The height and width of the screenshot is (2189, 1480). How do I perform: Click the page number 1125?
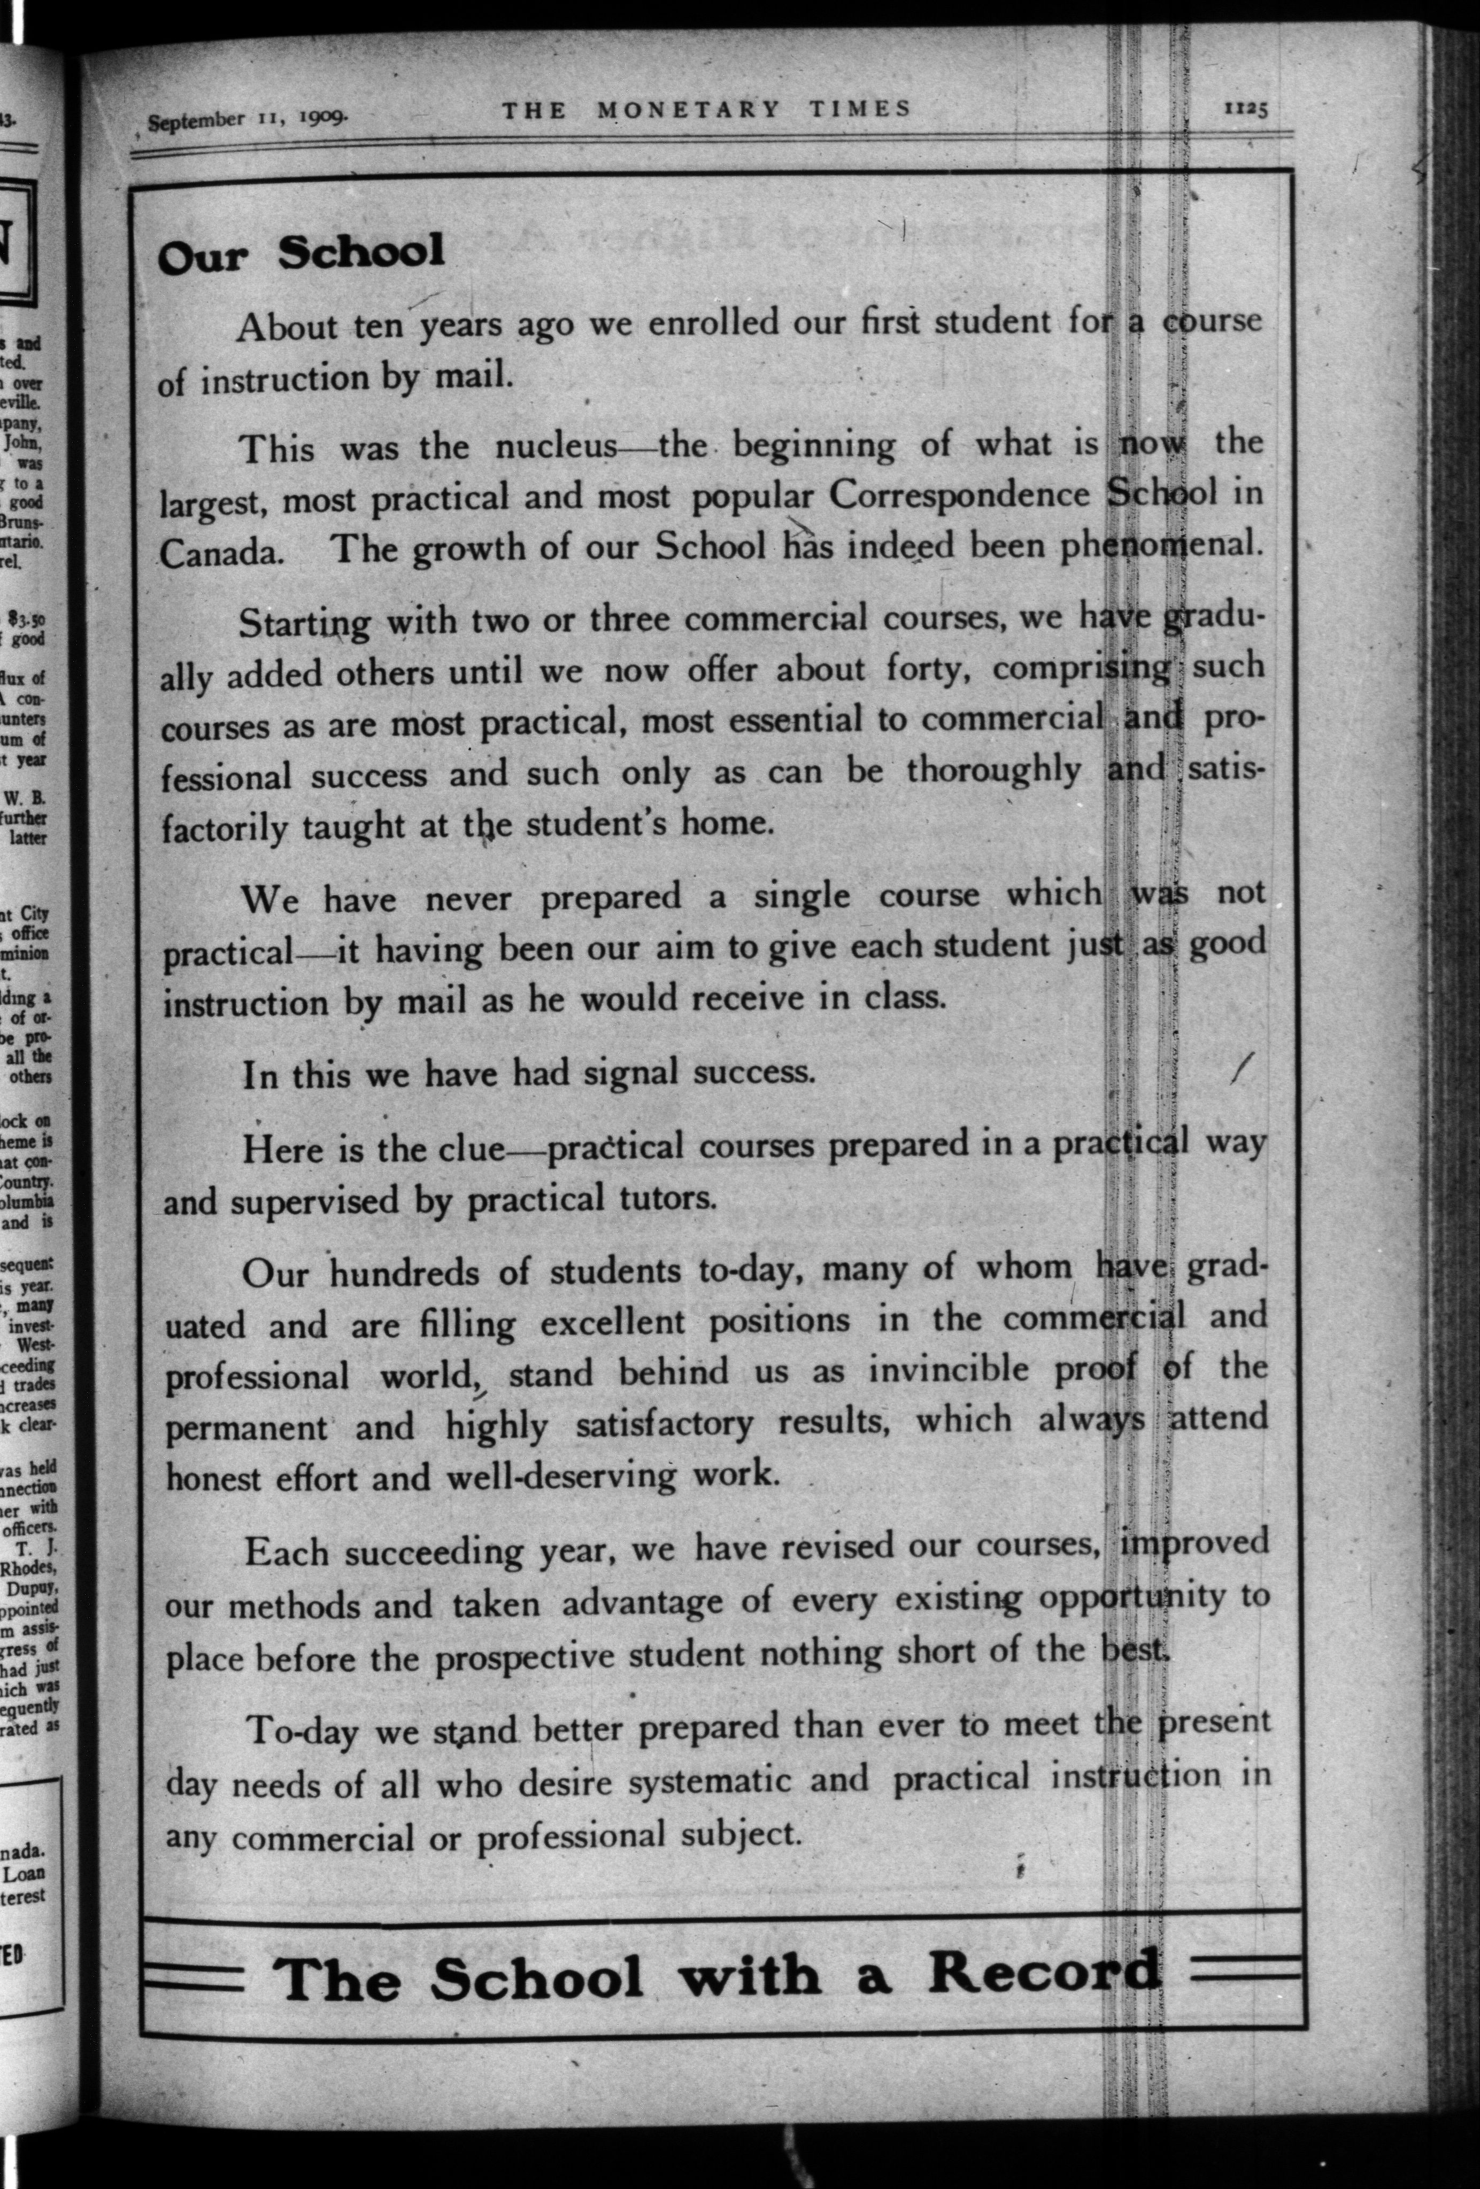coord(1245,108)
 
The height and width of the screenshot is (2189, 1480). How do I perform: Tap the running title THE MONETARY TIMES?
coord(706,109)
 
